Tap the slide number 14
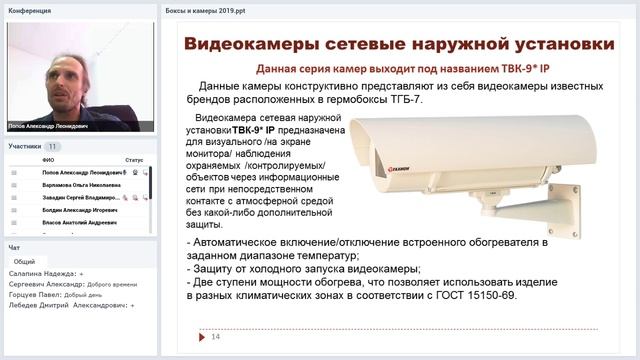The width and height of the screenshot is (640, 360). point(215,336)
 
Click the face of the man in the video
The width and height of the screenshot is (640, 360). point(70,72)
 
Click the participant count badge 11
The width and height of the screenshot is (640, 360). point(52,146)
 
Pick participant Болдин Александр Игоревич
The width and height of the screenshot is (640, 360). point(80,211)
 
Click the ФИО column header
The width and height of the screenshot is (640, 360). point(48,159)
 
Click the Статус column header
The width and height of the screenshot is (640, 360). point(134,159)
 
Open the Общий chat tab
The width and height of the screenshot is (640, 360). point(24,261)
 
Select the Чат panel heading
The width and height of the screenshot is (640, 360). point(14,247)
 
